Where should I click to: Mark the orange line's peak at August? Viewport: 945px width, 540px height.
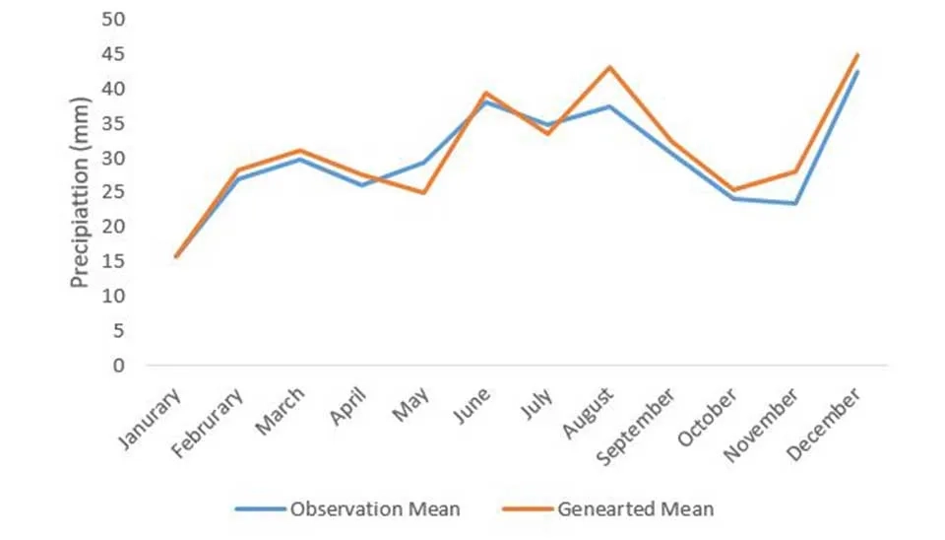click(609, 67)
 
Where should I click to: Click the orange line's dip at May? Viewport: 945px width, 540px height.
click(423, 192)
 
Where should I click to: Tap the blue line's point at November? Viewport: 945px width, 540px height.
click(795, 203)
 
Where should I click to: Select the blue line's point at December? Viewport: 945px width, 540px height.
click(857, 71)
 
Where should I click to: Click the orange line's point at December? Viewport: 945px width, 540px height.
click(857, 54)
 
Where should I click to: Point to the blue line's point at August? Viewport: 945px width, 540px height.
click(609, 106)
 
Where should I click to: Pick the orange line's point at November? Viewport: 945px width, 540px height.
click(795, 171)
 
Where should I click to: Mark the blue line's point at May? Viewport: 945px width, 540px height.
click(423, 162)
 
